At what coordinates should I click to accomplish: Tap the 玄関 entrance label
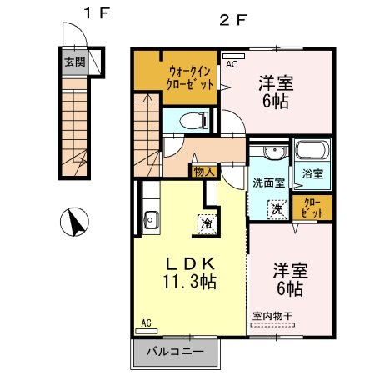click(75, 62)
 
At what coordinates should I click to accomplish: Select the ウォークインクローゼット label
click(192, 77)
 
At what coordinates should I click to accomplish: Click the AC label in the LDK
click(146, 322)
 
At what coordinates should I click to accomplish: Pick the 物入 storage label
click(203, 171)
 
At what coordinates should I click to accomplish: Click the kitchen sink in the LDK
click(152, 221)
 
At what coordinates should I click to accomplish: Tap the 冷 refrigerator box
click(205, 223)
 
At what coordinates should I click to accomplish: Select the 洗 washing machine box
click(274, 210)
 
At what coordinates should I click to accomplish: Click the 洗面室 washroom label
click(268, 181)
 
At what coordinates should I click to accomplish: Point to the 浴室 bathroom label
click(312, 175)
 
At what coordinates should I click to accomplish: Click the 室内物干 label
click(272, 316)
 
